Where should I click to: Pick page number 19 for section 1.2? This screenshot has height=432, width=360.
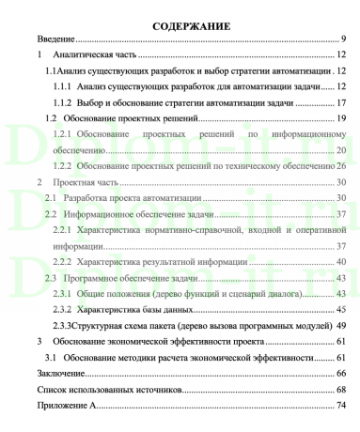(343, 118)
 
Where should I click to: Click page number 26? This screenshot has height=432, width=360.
(343, 165)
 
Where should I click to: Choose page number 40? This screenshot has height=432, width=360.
(343, 260)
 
